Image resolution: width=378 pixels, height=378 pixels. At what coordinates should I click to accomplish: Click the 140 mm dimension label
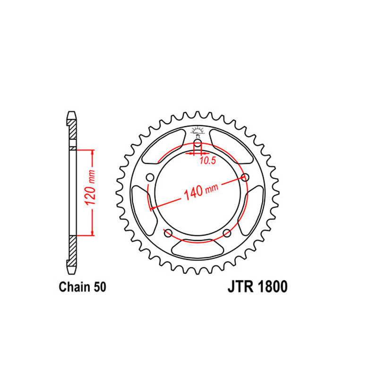tap(201, 192)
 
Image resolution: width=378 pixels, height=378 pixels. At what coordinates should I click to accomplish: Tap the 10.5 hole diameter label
tap(207, 161)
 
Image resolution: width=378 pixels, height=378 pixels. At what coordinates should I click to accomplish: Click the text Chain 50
tap(82, 287)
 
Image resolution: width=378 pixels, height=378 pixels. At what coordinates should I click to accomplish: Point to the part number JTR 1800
tap(258, 287)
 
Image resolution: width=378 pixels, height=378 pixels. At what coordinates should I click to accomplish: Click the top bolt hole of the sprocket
tap(198, 144)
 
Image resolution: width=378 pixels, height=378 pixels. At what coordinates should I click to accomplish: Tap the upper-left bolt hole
tap(150, 178)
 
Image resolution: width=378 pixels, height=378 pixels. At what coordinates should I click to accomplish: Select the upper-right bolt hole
tap(245, 178)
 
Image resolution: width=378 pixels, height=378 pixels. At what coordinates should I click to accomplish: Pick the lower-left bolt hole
tap(168, 233)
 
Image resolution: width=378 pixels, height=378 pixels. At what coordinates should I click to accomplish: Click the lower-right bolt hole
tap(227, 233)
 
